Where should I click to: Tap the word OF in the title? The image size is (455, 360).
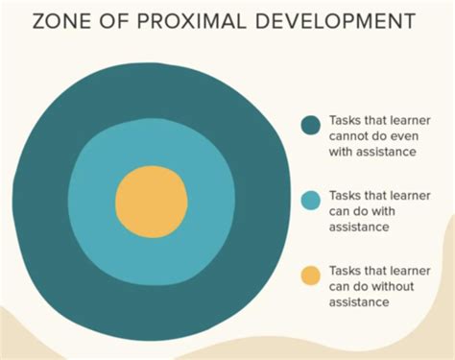tap(114, 21)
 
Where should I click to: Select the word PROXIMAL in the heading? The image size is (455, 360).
tap(192, 21)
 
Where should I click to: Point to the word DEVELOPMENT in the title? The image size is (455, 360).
tap(335, 21)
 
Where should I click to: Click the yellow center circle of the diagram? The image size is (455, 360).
tap(152, 202)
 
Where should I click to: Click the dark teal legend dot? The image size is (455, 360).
tap(310, 125)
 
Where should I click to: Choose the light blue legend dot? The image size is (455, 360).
tap(310, 201)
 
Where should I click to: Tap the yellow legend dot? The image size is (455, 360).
tap(310, 276)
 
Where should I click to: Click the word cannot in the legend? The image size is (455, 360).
tap(349, 136)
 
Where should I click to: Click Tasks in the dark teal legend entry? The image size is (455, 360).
tap(346, 120)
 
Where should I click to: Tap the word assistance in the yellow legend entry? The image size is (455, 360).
tap(359, 301)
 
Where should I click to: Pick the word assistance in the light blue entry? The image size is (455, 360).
tap(359, 227)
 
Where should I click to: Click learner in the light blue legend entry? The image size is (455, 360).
tap(410, 195)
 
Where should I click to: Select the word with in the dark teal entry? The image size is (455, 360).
tap(341, 152)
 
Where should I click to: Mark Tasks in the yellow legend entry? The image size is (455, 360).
tap(346, 271)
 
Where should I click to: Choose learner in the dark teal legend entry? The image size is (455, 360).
tap(410, 120)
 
